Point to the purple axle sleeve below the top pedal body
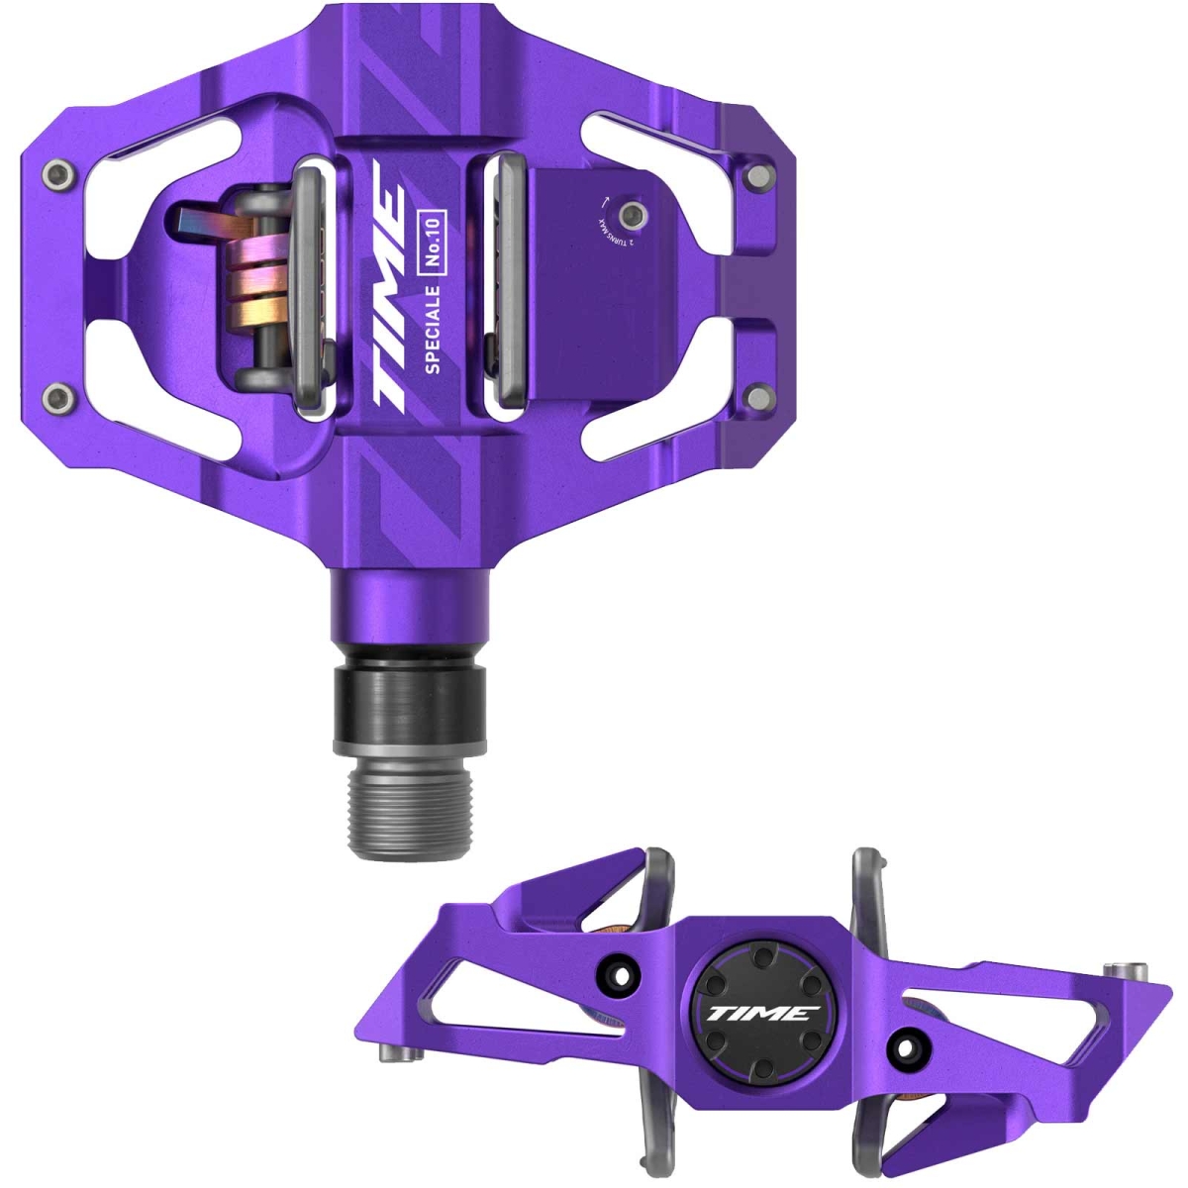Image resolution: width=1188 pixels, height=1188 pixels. click(409, 608)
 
